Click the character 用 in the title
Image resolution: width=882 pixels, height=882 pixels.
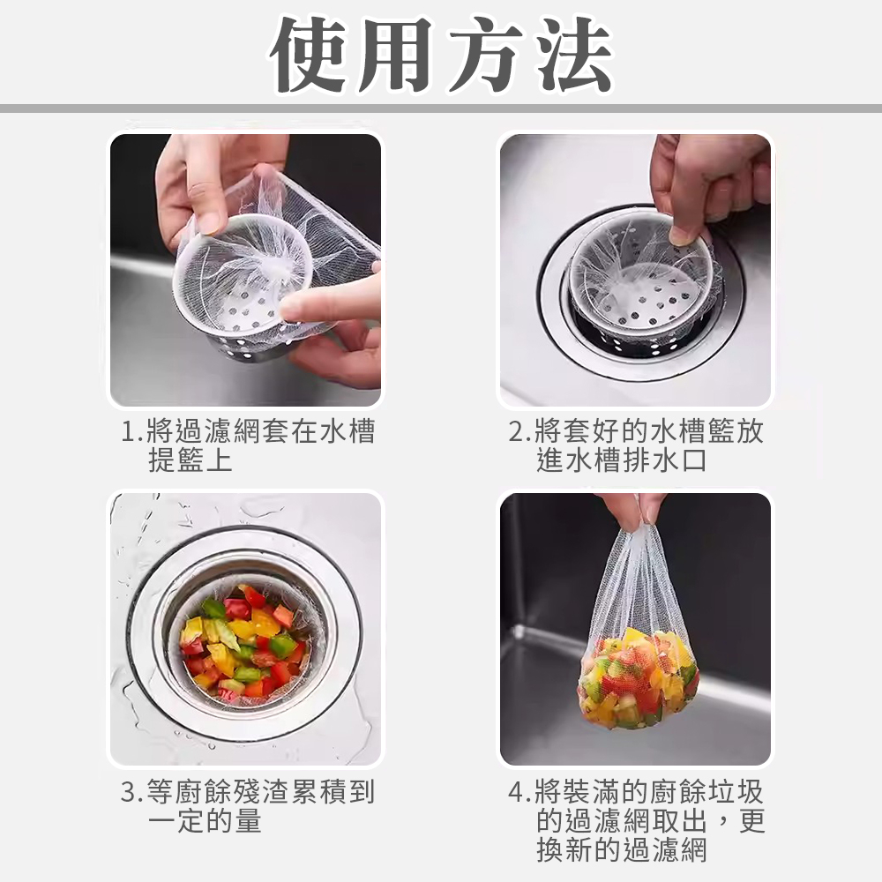click(396, 55)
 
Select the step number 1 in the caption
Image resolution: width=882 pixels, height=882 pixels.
click(128, 431)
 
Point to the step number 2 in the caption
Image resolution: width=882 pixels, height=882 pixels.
click(516, 431)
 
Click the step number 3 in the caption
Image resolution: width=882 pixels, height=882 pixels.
click(128, 792)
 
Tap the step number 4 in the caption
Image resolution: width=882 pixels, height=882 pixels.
click(516, 792)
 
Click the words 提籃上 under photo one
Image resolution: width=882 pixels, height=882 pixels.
click(191, 460)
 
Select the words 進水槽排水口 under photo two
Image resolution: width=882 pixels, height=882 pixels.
click(622, 460)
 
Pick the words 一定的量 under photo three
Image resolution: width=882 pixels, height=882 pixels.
click(205, 820)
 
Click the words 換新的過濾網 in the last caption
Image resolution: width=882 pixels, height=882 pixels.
click(622, 849)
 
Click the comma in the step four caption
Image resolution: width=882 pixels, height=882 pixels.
click(723, 827)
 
